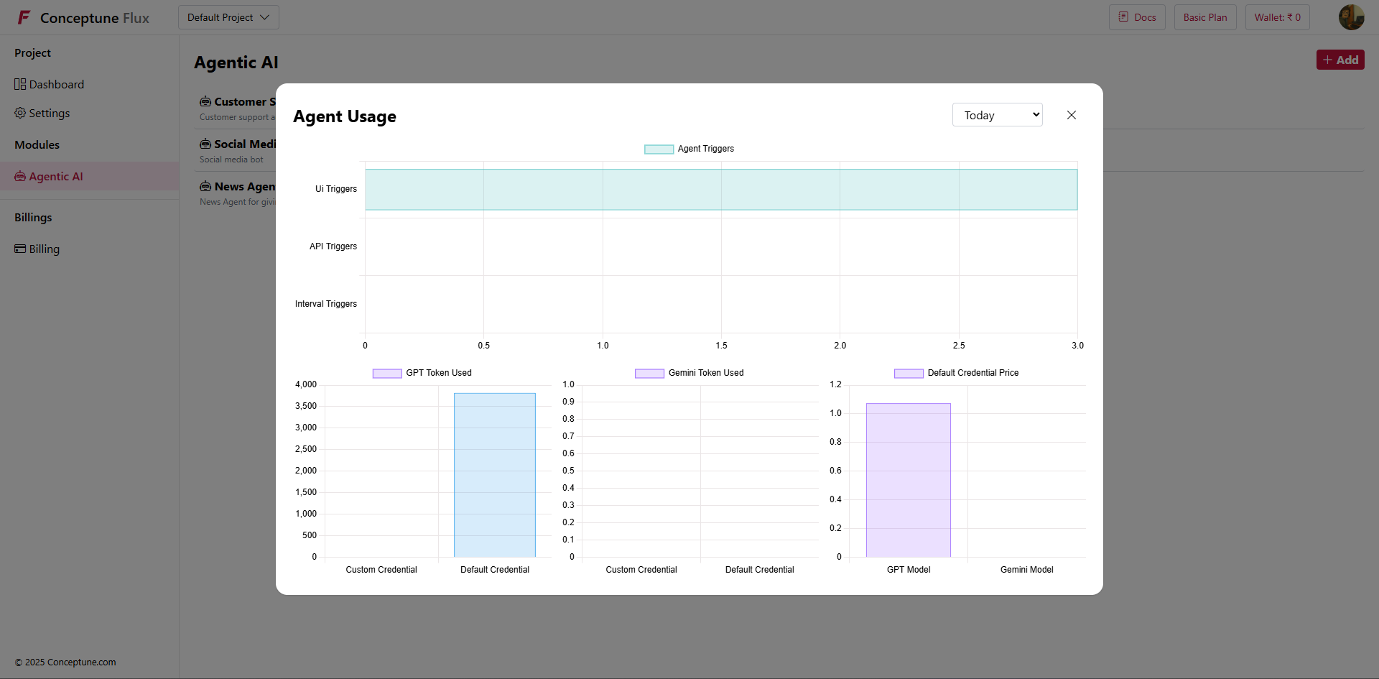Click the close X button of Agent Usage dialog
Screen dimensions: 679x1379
click(1071, 115)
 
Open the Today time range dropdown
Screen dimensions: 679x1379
click(997, 115)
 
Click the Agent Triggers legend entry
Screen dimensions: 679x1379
click(689, 149)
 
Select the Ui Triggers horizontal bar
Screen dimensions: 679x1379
click(720, 190)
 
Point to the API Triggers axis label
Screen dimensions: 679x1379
click(333, 246)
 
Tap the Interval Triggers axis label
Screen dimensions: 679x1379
click(325, 304)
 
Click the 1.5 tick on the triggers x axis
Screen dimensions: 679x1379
click(721, 346)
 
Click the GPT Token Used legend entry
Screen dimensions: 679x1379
click(422, 373)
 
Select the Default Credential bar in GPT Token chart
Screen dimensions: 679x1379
click(494, 474)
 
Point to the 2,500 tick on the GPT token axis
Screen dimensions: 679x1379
click(306, 449)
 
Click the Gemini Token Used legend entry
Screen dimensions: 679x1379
click(689, 373)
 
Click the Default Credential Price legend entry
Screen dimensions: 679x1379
click(957, 373)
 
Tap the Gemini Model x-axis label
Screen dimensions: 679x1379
click(1026, 570)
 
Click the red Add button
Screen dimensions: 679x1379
click(1339, 60)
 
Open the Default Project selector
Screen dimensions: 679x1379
click(228, 17)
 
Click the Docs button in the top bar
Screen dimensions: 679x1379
click(1137, 17)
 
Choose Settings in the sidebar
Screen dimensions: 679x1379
click(49, 114)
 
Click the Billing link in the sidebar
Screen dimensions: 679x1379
click(44, 249)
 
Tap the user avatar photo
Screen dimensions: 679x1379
click(1351, 17)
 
